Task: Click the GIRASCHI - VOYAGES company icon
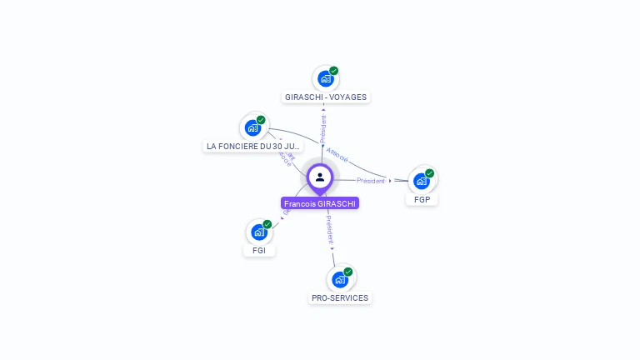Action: point(325,79)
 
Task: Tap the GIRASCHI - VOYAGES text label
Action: point(326,97)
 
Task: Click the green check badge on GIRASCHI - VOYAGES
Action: point(334,71)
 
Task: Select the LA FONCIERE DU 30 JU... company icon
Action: point(252,128)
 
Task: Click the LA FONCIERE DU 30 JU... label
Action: point(253,147)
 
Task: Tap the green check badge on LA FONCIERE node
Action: point(261,120)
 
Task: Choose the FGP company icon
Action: point(422,181)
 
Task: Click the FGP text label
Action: point(422,200)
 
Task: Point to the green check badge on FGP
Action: point(430,173)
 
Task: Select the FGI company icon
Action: point(258,232)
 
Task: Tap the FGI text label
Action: point(259,251)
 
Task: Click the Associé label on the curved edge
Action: point(338,155)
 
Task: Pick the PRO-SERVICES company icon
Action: point(339,279)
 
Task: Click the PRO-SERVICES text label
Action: point(340,298)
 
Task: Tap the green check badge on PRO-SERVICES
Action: point(348,272)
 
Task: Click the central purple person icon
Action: point(320,177)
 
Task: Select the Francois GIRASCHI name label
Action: point(320,203)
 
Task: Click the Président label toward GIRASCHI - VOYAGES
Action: point(323,129)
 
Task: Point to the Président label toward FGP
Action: point(371,181)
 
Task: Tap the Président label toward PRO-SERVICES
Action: point(330,232)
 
